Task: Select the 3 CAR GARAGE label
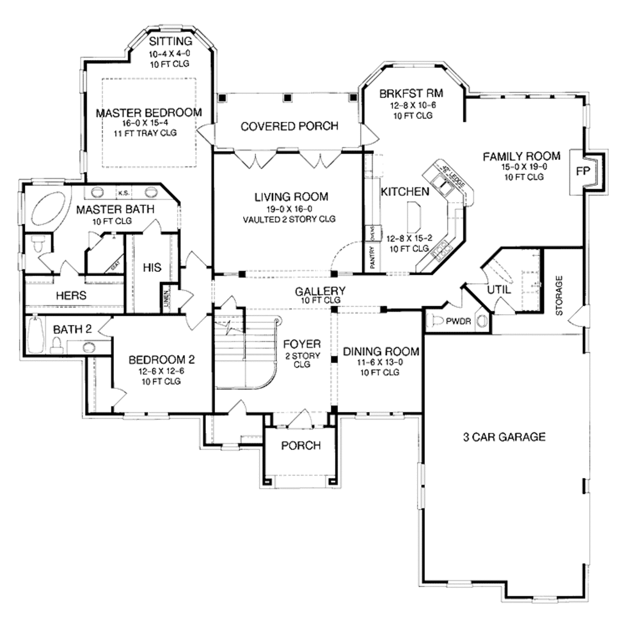tap(503, 437)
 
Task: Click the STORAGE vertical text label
tap(558, 295)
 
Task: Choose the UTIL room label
tap(497, 289)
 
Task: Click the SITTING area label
tap(171, 42)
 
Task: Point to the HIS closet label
tap(152, 268)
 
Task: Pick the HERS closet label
tap(71, 295)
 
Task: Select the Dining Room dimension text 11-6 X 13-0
tap(380, 362)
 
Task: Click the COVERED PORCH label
tap(289, 127)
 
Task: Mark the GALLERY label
tap(320, 291)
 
